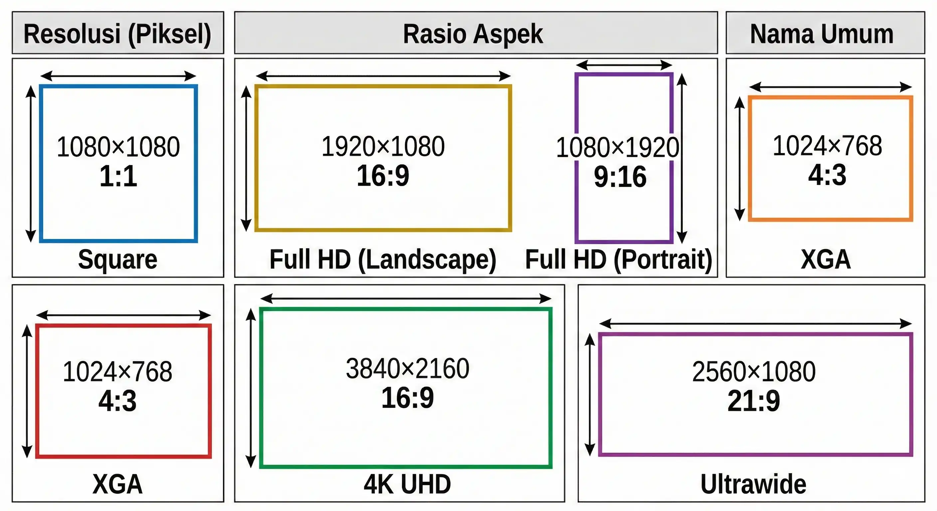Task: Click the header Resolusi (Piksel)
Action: (x=117, y=34)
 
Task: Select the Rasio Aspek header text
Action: (x=473, y=34)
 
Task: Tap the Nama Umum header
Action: (x=822, y=34)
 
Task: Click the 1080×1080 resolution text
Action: (x=118, y=147)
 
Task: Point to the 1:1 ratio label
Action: (x=118, y=176)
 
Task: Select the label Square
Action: (x=117, y=259)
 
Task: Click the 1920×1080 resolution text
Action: (x=383, y=146)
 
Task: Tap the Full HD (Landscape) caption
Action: (x=383, y=259)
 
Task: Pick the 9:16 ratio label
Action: (x=620, y=177)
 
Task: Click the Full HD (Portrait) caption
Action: (x=619, y=259)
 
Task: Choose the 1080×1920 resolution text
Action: (x=617, y=147)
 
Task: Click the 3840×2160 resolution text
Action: (x=407, y=368)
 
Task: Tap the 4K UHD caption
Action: (x=407, y=484)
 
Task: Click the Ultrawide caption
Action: (x=753, y=484)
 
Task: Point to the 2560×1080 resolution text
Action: (x=754, y=372)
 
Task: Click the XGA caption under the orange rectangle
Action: (x=826, y=259)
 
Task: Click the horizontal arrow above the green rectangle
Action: (x=406, y=299)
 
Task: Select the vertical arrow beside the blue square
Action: (x=31, y=164)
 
